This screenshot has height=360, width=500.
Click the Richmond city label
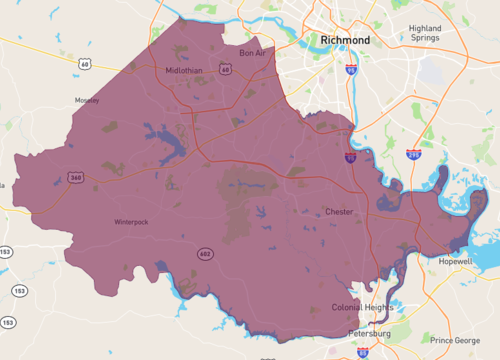coord(345,40)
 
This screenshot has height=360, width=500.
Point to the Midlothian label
coord(186,70)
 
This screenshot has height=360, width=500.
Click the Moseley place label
coord(86,101)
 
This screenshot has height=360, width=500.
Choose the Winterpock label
coord(131,222)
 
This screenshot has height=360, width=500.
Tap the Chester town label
coord(339,212)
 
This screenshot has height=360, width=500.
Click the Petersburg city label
coord(369,332)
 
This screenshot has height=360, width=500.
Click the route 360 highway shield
coord(76,177)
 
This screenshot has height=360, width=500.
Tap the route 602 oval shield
coord(204,254)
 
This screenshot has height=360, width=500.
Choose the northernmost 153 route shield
coord(6,251)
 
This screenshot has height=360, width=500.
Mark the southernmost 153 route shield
coord(8,323)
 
